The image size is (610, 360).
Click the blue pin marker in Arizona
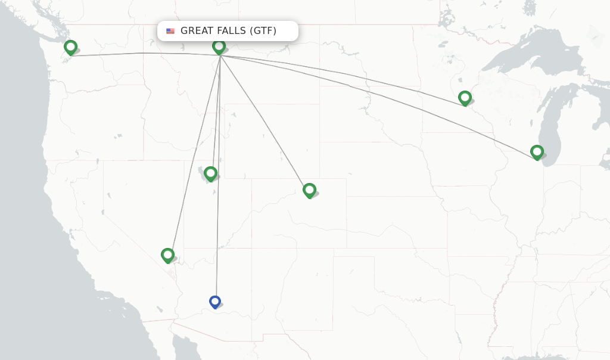(x=215, y=302)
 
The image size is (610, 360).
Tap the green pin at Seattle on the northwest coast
(x=71, y=46)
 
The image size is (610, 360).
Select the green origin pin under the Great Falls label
(x=219, y=46)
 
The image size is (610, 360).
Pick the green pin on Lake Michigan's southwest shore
(x=537, y=152)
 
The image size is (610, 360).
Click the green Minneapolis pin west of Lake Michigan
(x=465, y=97)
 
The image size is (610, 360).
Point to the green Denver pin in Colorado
(x=309, y=190)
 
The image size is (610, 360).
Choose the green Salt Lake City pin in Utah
(x=210, y=173)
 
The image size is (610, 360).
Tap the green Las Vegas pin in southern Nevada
(x=168, y=255)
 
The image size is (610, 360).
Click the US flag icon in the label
(x=170, y=31)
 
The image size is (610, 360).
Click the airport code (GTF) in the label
(x=263, y=31)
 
